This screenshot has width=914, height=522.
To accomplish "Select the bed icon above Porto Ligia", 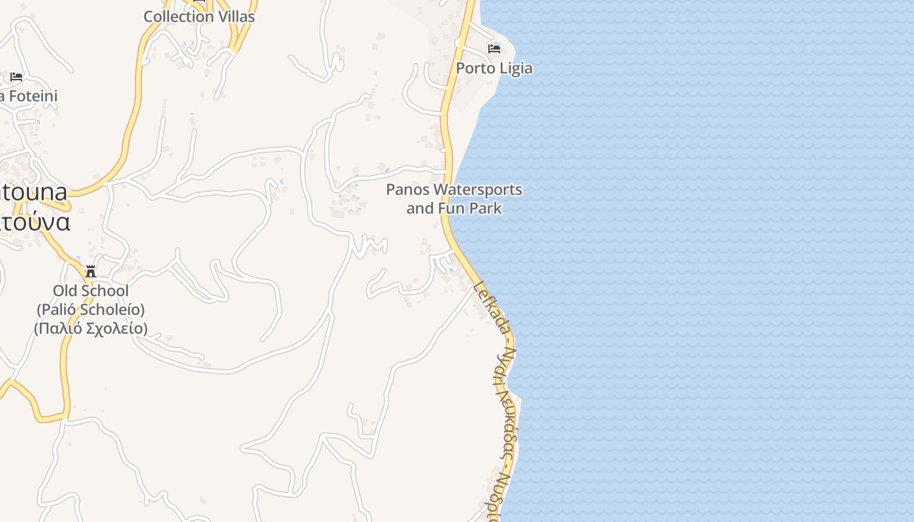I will click(x=494, y=49).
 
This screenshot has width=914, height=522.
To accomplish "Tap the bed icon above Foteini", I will click(x=16, y=77).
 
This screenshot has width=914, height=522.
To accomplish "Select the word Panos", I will click(x=407, y=190).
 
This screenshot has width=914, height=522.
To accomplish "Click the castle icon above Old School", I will click(x=91, y=271).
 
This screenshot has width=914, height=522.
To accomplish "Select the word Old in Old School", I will click(x=65, y=290).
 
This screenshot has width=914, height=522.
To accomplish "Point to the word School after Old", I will click(x=104, y=290).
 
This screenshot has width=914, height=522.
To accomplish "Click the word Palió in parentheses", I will click(x=58, y=309).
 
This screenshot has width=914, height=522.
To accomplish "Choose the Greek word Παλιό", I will click(x=57, y=328).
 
